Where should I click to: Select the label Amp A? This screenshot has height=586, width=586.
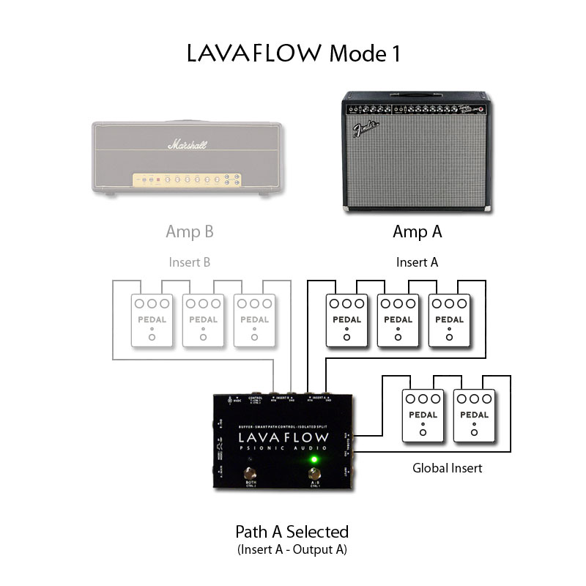(418, 232)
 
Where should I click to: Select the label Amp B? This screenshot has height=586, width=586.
(190, 232)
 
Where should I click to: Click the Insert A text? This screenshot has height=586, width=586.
(417, 262)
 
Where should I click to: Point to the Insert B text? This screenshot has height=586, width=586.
(189, 262)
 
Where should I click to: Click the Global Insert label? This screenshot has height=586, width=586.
(446, 467)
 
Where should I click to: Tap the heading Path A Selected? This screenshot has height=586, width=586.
(292, 531)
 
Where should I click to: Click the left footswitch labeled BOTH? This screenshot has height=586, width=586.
(251, 472)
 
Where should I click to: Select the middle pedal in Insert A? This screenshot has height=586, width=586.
(398, 320)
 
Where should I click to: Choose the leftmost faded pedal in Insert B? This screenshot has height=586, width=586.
(152, 320)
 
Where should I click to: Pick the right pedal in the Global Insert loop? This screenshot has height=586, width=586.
(474, 415)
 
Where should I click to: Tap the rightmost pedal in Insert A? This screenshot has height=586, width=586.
(449, 320)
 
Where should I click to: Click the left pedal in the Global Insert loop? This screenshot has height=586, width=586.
(423, 415)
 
